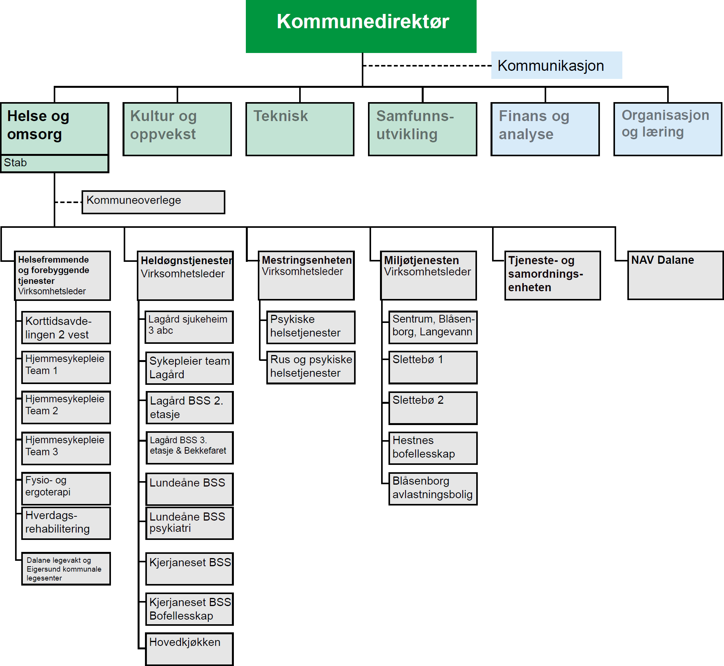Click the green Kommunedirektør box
coord(361,26)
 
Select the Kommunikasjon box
coord(556,65)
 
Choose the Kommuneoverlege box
coord(153,202)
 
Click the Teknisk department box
coord(300,129)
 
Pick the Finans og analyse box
coord(545,129)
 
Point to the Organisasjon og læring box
coord(668,129)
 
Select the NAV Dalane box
coord(675,275)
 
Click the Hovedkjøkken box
coord(189,649)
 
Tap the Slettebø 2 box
coord(433,408)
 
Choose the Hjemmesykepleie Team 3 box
coord(66,448)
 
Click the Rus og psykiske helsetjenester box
coord(311,367)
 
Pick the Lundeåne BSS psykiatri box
coord(189,523)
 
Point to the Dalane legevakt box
coord(66,569)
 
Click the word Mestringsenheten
coord(307,260)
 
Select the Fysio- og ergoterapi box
coord(66,488)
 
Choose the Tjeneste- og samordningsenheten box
coord(552,275)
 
